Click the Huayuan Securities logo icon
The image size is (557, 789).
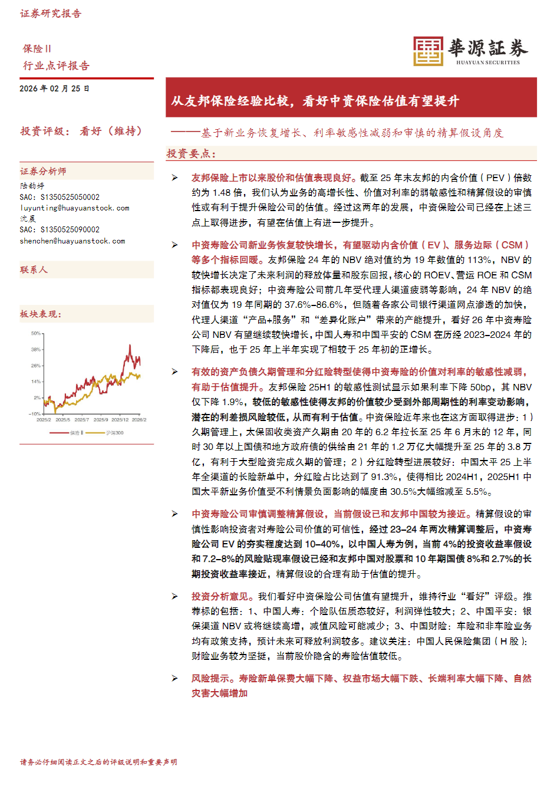click(427, 51)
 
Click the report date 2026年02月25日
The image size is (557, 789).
click(54, 88)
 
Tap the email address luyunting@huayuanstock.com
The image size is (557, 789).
click(74, 208)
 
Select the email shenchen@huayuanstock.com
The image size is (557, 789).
click(72, 241)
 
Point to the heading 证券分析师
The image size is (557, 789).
click(43, 172)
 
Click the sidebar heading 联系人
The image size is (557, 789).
click(34, 270)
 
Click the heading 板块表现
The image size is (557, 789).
click(40, 314)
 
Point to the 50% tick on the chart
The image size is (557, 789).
click(36, 334)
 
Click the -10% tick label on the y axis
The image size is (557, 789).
click(35, 414)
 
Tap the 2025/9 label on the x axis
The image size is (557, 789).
click(101, 420)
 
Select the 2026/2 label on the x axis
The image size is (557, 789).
click(139, 420)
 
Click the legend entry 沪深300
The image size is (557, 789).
click(114, 433)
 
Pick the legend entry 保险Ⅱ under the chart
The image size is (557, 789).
click(77, 433)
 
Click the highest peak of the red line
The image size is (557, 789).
click(130, 346)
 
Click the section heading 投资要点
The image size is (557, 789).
click(191, 154)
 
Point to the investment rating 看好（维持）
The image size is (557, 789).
click(111, 131)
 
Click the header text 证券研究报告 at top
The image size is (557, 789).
click(51, 14)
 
